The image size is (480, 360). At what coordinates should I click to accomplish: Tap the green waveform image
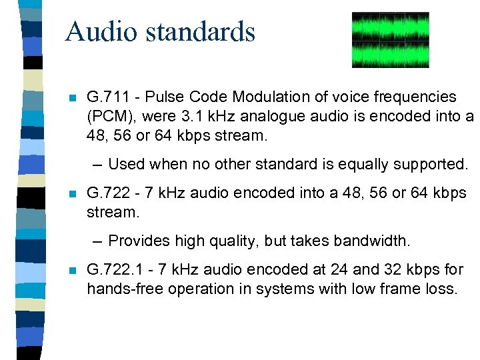pos(390,40)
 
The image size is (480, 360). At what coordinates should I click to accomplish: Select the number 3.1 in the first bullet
pos(189,117)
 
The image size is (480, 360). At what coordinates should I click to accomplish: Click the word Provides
pos(136,241)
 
